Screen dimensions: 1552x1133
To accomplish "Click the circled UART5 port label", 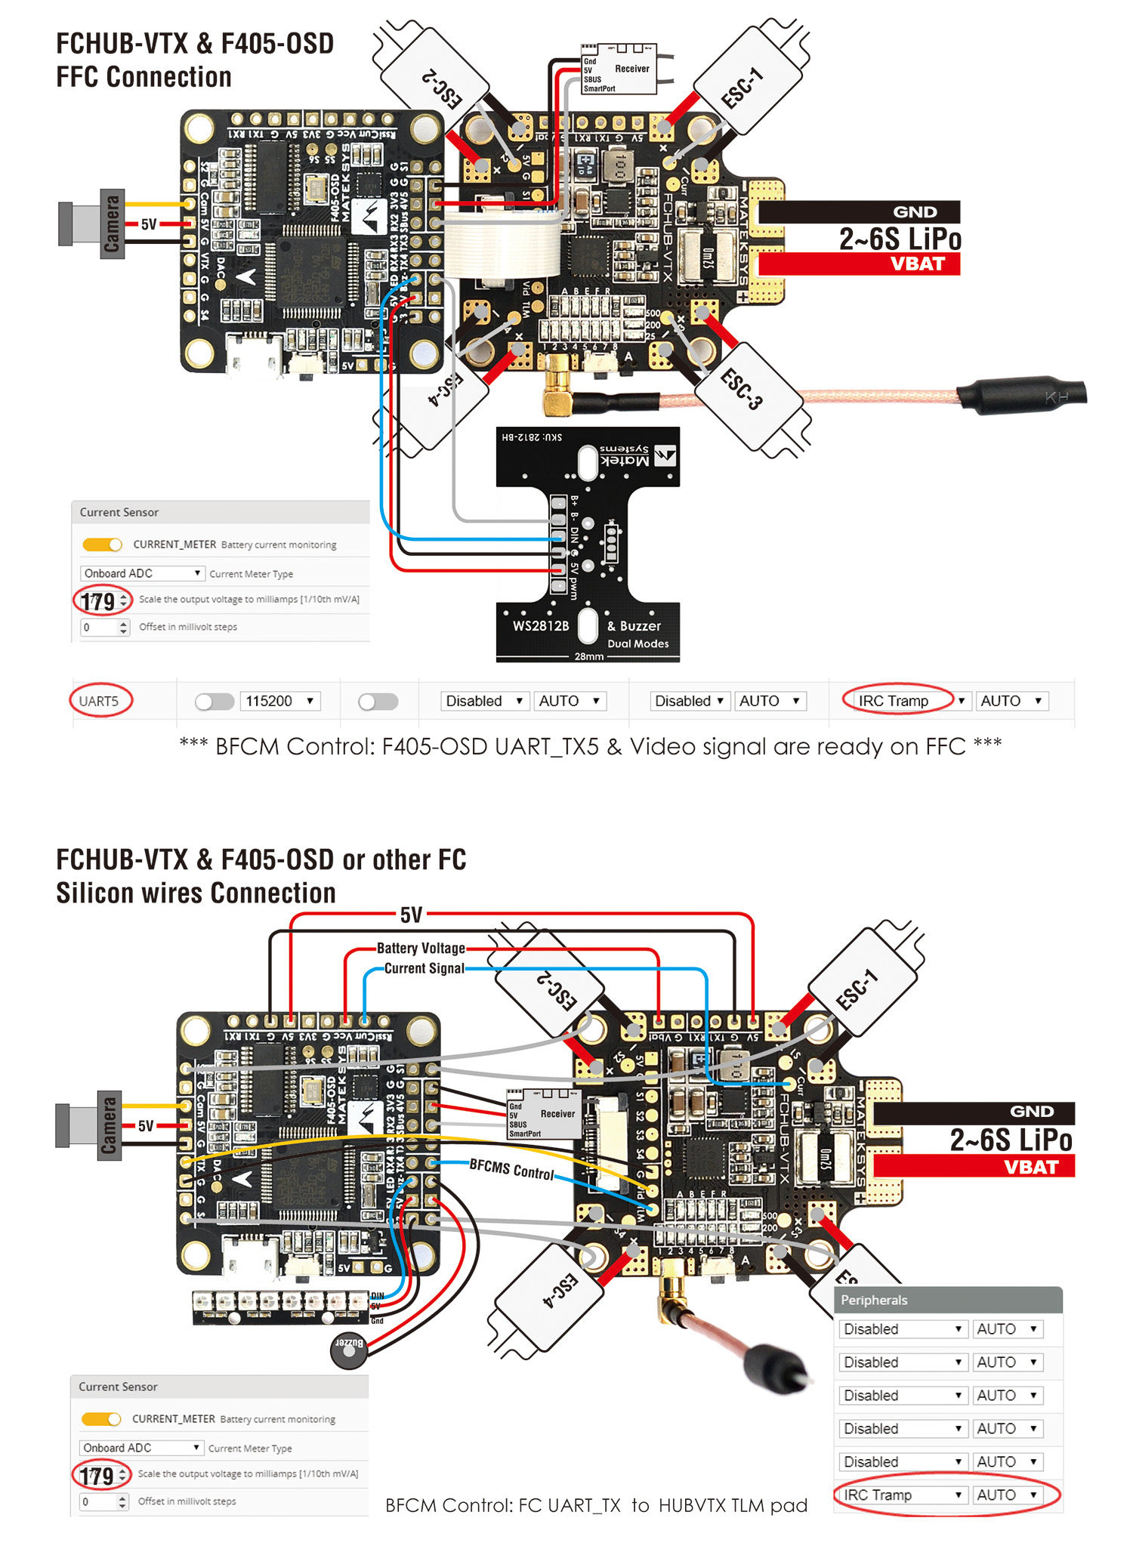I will coord(99,701).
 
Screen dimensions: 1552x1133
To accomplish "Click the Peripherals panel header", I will coord(948,1300).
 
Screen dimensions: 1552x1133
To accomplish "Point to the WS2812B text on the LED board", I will coord(541,626).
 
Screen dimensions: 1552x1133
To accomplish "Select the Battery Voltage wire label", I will coord(421,948).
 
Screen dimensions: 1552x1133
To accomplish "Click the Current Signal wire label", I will coord(424,968).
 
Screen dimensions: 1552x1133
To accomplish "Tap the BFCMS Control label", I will coord(511,1169).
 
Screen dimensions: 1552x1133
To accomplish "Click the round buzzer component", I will coord(349,1350).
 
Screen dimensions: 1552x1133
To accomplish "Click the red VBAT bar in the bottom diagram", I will coord(974,1167).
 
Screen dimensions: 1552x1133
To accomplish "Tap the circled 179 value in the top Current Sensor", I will coord(99,602).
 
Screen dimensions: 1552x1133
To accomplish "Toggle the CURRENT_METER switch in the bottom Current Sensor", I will coord(101,1419).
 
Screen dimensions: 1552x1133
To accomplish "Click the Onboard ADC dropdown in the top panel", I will coord(142,573).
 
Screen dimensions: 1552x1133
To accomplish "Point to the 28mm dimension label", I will coord(588,656).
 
